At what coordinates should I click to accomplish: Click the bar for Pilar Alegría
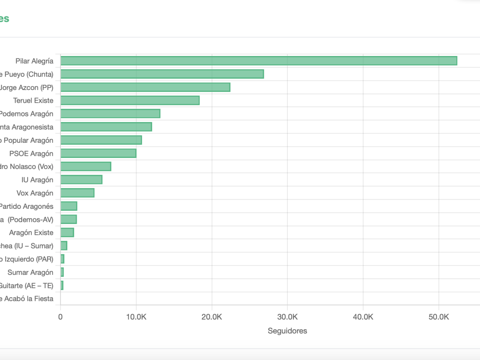pyautogui.click(x=258, y=61)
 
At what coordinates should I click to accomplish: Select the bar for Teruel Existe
pyautogui.click(x=130, y=100)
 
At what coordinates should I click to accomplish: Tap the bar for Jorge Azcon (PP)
pyautogui.click(x=145, y=87)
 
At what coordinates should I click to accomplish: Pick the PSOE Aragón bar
pyautogui.click(x=98, y=153)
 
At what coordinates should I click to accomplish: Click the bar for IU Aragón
pyautogui.click(x=81, y=180)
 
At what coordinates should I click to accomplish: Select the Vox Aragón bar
pyautogui.click(x=77, y=193)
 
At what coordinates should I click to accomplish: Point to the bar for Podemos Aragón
pyautogui.click(x=110, y=114)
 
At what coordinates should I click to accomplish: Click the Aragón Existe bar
pyautogui.click(x=67, y=232)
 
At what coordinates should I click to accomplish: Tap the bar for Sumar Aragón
pyautogui.click(x=62, y=272)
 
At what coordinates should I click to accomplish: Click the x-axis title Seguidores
pyautogui.click(x=287, y=331)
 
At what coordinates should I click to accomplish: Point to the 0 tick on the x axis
pyautogui.click(x=60, y=317)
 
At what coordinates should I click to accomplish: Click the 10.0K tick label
pyautogui.click(x=136, y=317)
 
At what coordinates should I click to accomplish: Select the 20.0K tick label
pyautogui.click(x=212, y=317)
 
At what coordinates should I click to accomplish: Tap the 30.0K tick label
pyautogui.click(x=287, y=317)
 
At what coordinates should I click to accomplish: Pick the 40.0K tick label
pyautogui.click(x=363, y=317)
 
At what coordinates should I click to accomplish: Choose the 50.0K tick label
pyautogui.click(x=439, y=317)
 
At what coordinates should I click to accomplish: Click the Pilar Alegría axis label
pyautogui.click(x=34, y=61)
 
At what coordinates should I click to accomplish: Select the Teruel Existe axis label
pyautogui.click(x=33, y=100)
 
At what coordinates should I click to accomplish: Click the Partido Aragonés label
pyautogui.click(x=26, y=206)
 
